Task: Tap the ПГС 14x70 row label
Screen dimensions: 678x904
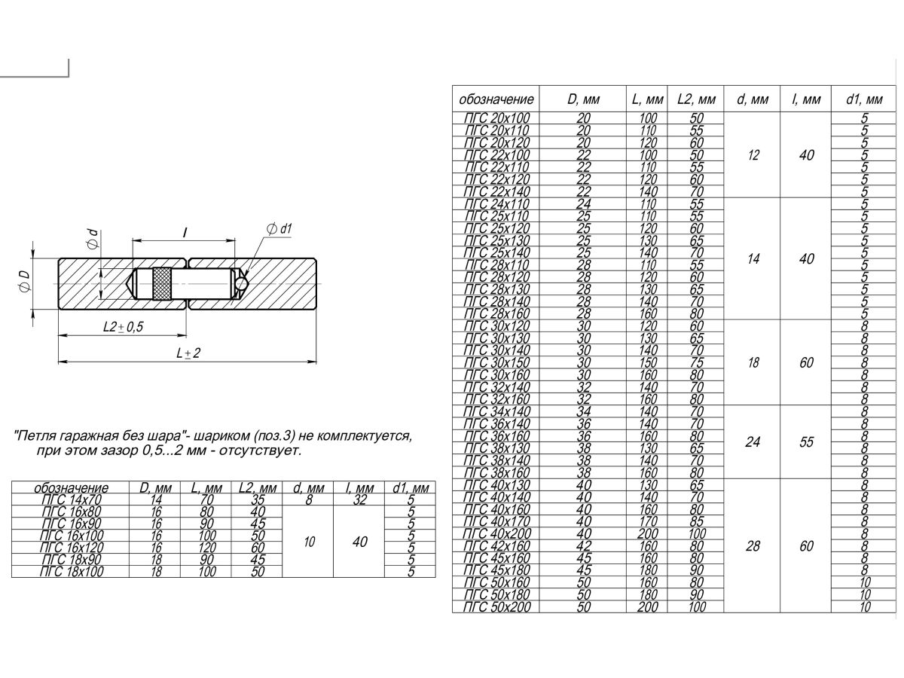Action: tap(72, 499)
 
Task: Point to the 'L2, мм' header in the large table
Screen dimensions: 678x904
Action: tap(696, 99)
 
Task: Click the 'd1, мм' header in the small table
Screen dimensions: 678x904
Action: tap(411, 488)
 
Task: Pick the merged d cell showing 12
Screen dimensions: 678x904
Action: tap(753, 155)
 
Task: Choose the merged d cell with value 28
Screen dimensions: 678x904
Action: tap(753, 546)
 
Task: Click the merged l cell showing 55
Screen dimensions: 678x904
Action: tap(807, 442)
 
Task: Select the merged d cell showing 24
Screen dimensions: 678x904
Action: tap(753, 442)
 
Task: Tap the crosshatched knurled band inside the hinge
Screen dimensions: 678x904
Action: tap(161, 284)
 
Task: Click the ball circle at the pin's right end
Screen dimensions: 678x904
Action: tap(241, 283)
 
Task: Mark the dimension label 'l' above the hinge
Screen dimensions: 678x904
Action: tap(185, 234)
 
